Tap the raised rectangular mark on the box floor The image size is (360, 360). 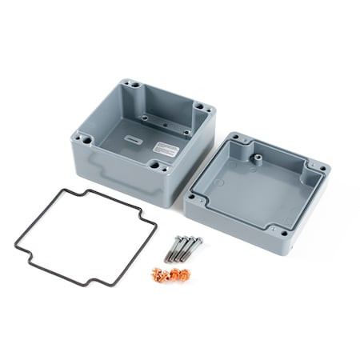pyautogui.click(x=133, y=138)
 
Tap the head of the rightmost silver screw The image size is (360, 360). pyautogui.click(x=198, y=239)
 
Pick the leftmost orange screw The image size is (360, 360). pyautogui.click(x=156, y=276)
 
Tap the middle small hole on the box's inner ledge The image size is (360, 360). pyautogui.click(x=163, y=126)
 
